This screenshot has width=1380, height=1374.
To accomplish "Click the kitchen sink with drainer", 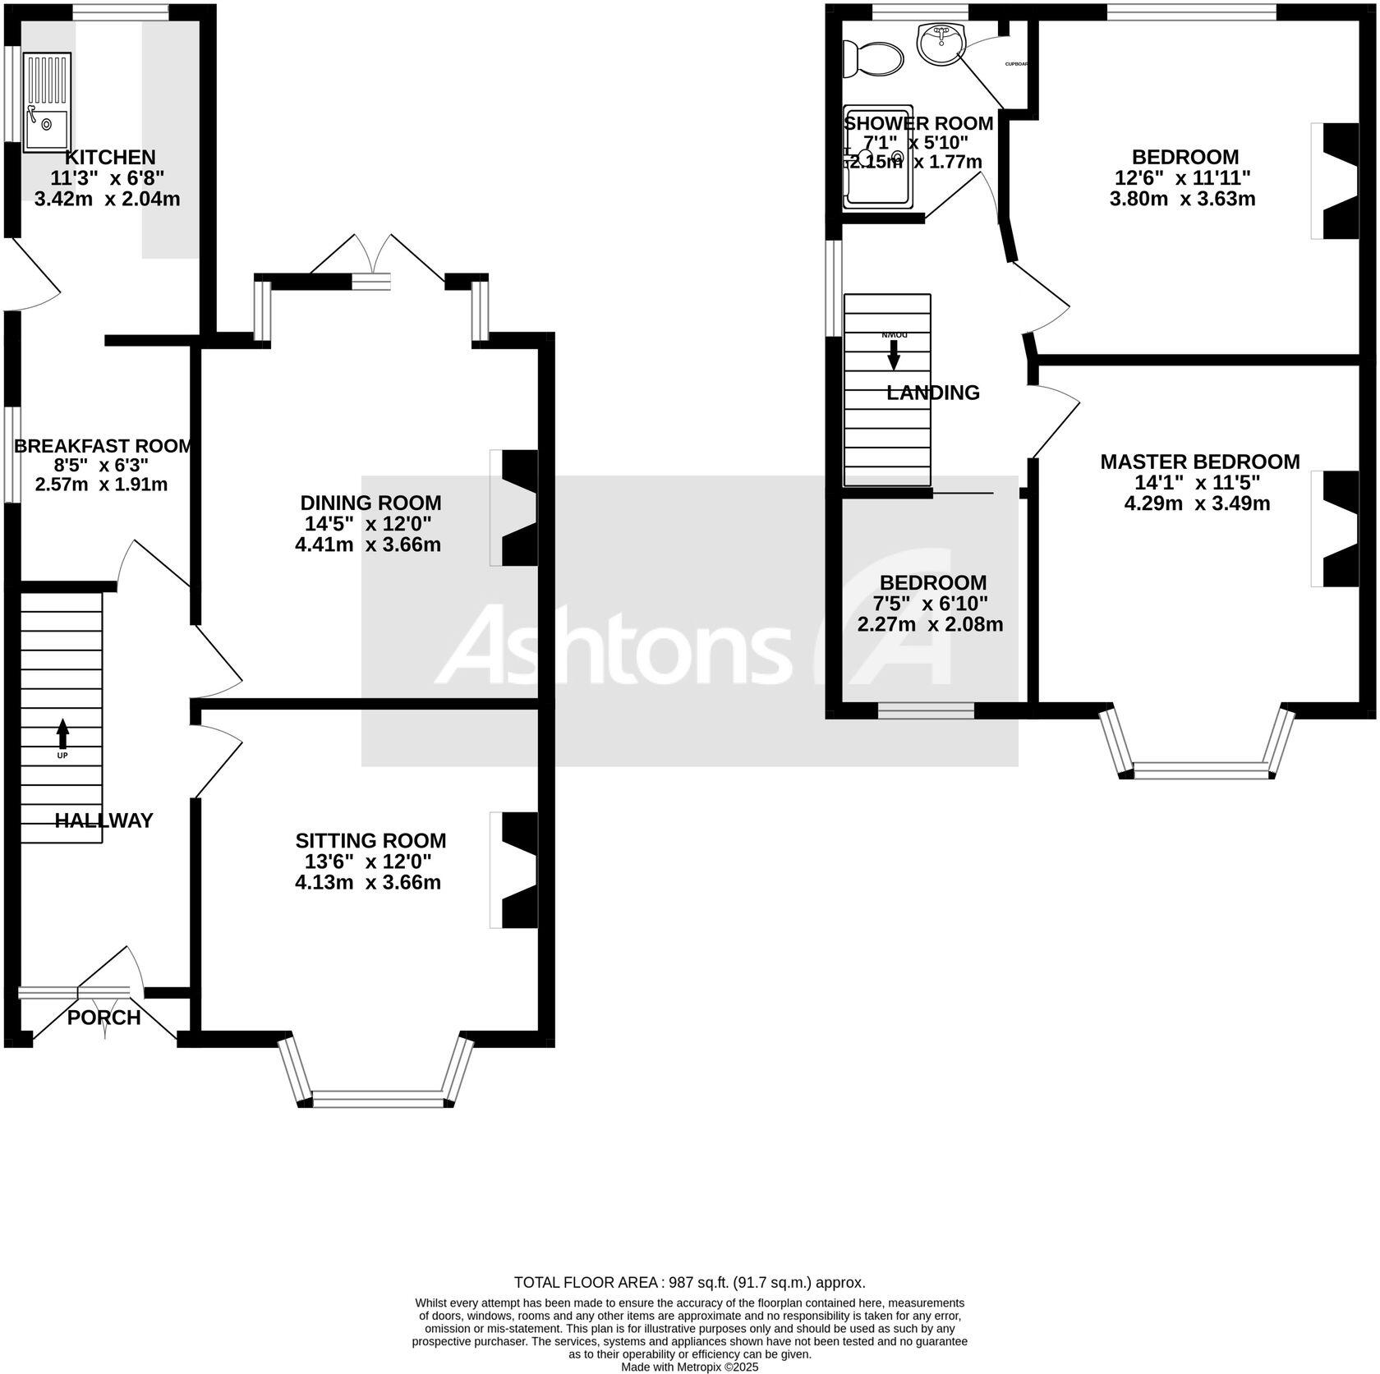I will (47, 103).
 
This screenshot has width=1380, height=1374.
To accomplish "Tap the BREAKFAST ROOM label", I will (103, 446).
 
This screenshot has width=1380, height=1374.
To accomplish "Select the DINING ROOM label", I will (370, 503).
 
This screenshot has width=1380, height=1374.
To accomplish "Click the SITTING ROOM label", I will (370, 840).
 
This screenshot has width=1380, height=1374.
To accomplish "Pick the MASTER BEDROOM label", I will (1199, 462).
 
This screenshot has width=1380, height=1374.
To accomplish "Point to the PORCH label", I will (103, 1018).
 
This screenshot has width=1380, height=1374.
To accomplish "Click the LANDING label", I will (933, 393).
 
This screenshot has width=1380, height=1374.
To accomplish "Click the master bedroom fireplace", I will (1339, 529).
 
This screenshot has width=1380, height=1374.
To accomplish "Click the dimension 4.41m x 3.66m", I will (368, 545).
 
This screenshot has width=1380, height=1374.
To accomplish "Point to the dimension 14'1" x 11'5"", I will (1197, 482).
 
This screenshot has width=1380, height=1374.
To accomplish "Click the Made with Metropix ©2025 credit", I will (689, 1367).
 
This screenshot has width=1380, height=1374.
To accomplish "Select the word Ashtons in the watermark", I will (612, 645).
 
